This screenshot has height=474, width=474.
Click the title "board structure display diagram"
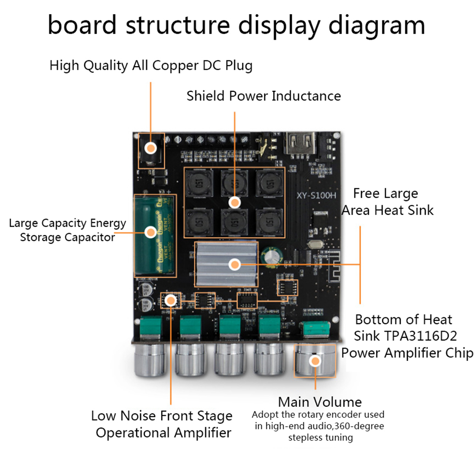click(x=237, y=26)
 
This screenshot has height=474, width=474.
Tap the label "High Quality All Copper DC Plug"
click(x=151, y=66)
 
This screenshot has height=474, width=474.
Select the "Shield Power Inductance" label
click(x=263, y=96)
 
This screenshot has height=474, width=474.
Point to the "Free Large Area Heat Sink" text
click(x=387, y=202)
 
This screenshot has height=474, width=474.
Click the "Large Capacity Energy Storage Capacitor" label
click(x=67, y=230)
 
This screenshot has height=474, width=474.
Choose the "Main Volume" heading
click(x=320, y=402)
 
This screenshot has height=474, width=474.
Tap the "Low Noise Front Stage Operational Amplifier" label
click(x=162, y=424)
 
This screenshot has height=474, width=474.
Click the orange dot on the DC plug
click(x=151, y=148)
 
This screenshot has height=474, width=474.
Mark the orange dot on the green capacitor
click(x=150, y=232)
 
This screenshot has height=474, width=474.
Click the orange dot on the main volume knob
click(x=314, y=361)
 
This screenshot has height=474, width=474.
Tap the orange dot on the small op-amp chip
click(x=169, y=299)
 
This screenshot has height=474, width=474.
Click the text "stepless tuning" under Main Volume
click(x=320, y=438)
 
